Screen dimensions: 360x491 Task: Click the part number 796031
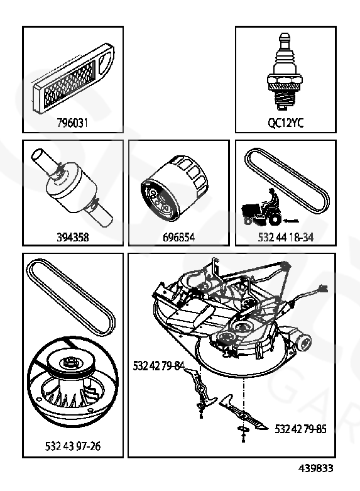[72, 123]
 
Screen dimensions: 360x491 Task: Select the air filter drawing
[74, 78]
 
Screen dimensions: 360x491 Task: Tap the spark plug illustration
[285, 72]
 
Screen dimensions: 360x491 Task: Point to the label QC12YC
[285, 123]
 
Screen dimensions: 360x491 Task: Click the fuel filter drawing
[72, 187]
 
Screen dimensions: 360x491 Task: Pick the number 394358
[73, 237]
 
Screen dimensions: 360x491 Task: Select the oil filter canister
[175, 188]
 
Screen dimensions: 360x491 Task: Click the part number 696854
[179, 237]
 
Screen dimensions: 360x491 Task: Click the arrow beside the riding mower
[291, 221]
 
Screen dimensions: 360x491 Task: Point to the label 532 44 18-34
[285, 237]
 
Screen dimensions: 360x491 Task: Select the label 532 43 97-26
[73, 446]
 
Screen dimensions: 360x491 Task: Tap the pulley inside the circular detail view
[73, 381]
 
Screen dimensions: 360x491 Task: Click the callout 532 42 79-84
[159, 366]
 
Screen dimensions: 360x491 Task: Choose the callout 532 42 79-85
[300, 429]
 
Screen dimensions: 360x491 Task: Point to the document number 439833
[315, 468]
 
